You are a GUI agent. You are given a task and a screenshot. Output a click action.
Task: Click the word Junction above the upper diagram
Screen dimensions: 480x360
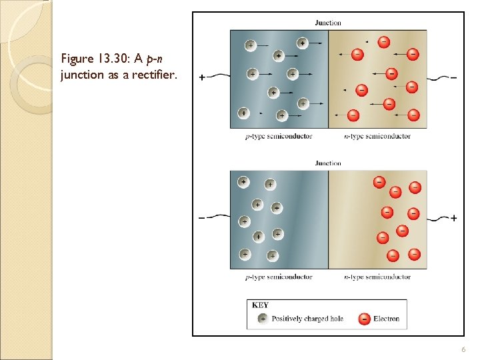(x=328, y=23)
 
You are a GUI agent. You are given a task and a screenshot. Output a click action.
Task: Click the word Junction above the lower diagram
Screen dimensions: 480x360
(x=328, y=163)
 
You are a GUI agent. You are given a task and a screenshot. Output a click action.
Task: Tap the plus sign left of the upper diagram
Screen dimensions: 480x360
(x=202, y=77)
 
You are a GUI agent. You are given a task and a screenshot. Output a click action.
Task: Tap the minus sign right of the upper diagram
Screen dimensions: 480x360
(x=454, y=77)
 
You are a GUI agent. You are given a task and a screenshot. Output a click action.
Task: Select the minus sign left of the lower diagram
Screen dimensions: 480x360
(x=202, y=218)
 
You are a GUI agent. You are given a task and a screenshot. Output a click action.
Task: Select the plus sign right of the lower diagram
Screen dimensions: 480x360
(x=454, y=218)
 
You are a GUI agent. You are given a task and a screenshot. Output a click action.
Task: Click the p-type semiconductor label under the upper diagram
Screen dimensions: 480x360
(x=279, y=137)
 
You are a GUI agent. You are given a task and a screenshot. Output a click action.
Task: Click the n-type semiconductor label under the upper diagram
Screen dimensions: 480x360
(x=377, y=137)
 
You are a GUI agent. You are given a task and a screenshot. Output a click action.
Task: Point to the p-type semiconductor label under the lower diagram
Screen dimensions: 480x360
(x=279, y=277)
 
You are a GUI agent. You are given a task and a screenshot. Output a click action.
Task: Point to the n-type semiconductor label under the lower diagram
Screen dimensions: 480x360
(x=377, y=277)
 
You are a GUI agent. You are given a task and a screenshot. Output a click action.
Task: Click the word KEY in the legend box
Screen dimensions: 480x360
(x=261, y=305)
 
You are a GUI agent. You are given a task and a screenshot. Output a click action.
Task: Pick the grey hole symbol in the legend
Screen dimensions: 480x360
(x=263, y=319)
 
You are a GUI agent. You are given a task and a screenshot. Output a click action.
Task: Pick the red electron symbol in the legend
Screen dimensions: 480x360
(x=364, y=319)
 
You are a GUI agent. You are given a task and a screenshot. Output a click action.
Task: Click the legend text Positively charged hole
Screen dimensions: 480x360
(x=307, y=319)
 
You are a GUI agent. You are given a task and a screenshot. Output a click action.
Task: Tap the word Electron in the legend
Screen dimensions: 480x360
(x=387, y=319)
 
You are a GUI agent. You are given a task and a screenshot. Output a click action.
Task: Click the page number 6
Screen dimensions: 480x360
(x=463, y=350)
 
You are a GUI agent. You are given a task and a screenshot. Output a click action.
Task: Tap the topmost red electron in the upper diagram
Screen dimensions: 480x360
(x=384, y=41)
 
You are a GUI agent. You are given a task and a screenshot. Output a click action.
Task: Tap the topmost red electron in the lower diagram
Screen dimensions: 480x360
(x=379, y=181)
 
